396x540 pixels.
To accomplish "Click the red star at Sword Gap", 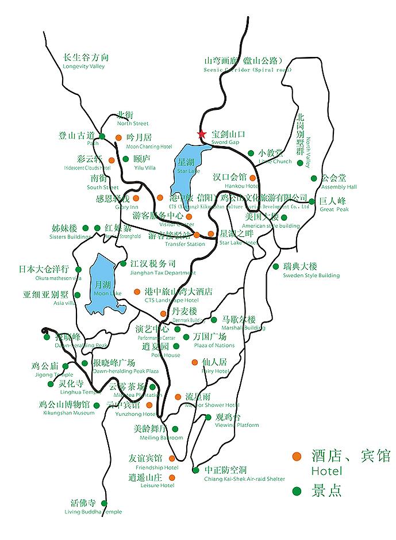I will (x=202, y=135).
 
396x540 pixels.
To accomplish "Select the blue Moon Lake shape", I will (x=105, y=285).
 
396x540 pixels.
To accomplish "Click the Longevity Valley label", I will (x=86, y=62).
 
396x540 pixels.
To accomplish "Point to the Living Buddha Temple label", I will (x=93, y=507).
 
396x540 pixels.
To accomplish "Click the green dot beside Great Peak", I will (x=312, y=201).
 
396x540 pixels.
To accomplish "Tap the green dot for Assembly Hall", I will (x=314, y=178).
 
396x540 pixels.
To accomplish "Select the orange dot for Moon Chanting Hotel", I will (x=118, y=137).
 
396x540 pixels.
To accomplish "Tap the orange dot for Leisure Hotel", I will (x=171, y=477).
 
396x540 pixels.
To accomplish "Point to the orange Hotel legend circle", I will (x=297, y=457).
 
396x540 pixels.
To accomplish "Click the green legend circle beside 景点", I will (x=297, y=491).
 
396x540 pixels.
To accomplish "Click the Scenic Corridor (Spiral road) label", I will (x=243, y=64).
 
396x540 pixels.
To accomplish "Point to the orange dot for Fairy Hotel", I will (x=194, y=362).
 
